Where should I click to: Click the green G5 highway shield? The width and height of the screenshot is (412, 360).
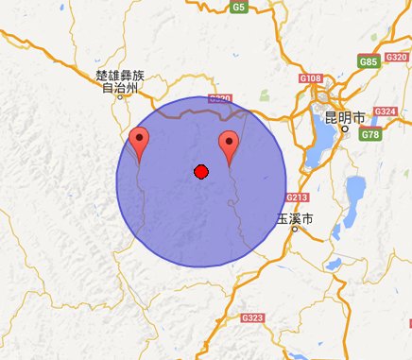pos(239,8)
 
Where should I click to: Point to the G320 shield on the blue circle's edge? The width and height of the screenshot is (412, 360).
pos(219,99)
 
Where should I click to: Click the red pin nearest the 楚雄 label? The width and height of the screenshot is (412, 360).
pos(140,146)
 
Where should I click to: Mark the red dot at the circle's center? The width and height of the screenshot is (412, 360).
pos(200,171)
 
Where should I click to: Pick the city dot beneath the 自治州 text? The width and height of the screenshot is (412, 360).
pos(112,97)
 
